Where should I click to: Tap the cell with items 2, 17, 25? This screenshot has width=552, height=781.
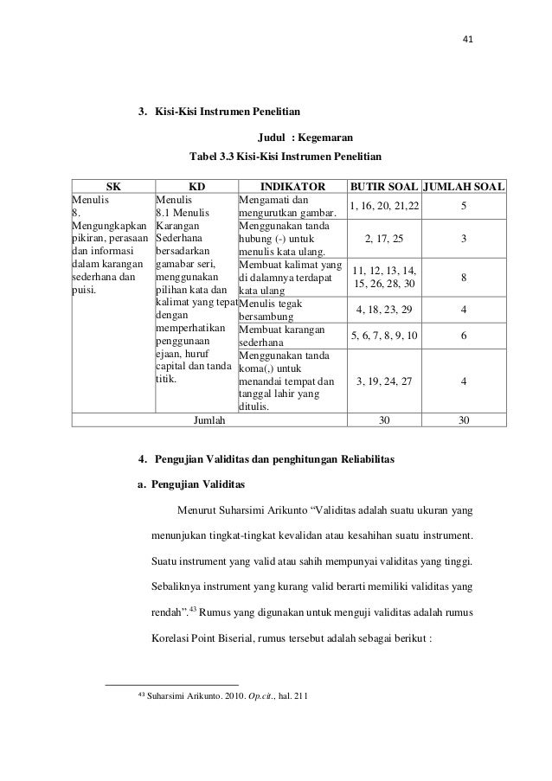point(382,238)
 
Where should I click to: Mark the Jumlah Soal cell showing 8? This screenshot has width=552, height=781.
point(465,278)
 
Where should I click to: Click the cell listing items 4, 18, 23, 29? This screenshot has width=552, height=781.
point(382,310)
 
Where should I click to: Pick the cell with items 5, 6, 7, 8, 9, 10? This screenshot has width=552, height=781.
point(382,336)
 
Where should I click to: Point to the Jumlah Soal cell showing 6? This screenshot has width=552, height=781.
point(465,336)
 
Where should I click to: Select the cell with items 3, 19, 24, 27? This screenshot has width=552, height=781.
point(382,381)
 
